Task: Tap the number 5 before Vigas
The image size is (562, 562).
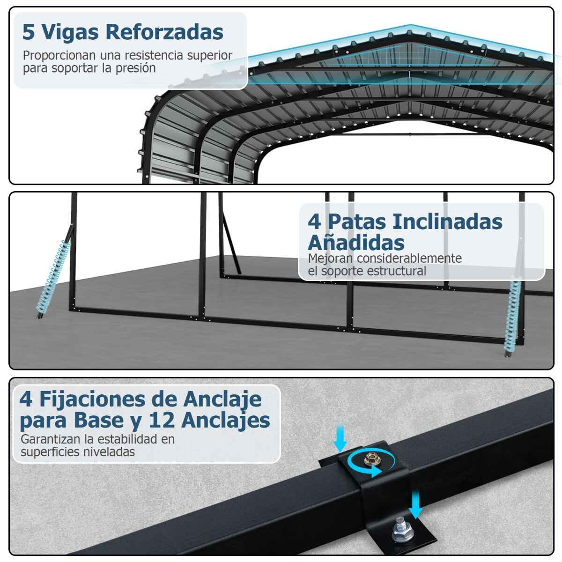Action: coord(28,32)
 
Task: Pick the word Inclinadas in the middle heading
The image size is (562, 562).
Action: coord(447,222)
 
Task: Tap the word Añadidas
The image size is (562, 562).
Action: coord(356,243)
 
